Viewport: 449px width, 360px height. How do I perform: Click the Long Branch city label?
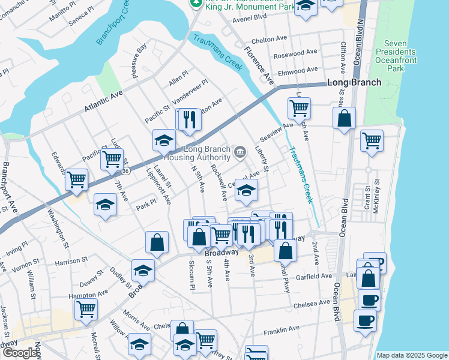(354, 82)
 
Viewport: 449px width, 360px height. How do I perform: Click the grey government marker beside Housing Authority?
(240, 151)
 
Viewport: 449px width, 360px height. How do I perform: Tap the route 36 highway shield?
(125, 171)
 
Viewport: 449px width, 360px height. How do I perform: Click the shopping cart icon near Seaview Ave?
(299, 109)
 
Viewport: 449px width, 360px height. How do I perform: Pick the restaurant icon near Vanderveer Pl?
(189, 119)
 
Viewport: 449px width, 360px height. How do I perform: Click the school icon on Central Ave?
(246, 190)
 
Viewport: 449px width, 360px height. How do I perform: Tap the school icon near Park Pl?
(105, 204)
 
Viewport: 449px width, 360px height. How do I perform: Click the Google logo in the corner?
(19, 353)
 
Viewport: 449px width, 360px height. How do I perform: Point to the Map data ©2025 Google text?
(412, 355)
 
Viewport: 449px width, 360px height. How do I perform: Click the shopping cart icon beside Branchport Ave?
(76, 179)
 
